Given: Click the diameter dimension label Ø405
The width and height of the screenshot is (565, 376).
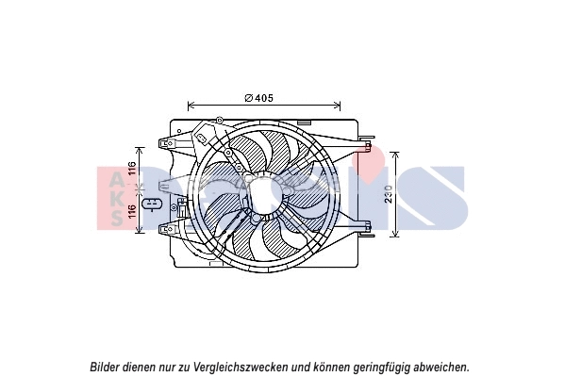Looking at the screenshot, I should tap(258, 97).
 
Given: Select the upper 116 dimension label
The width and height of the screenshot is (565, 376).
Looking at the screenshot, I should tap(133, 172).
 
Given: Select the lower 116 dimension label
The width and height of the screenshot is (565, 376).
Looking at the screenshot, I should tap(133, 215).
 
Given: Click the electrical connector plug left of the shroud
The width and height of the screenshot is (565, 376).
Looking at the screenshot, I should tap(151, 204).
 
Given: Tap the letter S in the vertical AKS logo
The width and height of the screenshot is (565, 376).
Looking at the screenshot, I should tap(114, 218).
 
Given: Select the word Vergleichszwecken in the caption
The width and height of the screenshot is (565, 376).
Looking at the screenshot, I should tap(240, 367).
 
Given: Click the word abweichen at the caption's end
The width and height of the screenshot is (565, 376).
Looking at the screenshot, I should tap(440, 367).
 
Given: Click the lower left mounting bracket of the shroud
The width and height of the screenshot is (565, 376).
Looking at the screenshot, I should tap(170, 227).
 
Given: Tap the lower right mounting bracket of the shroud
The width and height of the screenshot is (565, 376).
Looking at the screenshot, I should tap(364, 223).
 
